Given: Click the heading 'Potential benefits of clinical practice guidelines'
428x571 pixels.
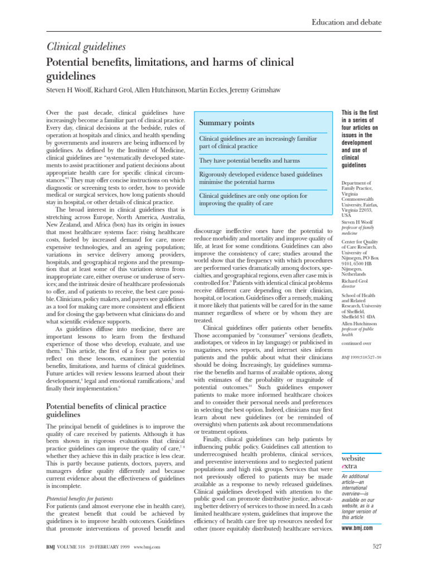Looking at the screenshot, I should [108, 410].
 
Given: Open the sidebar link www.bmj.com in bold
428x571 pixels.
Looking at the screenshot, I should [357, 527].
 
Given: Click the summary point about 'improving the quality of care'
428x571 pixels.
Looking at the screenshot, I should [254, 200].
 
